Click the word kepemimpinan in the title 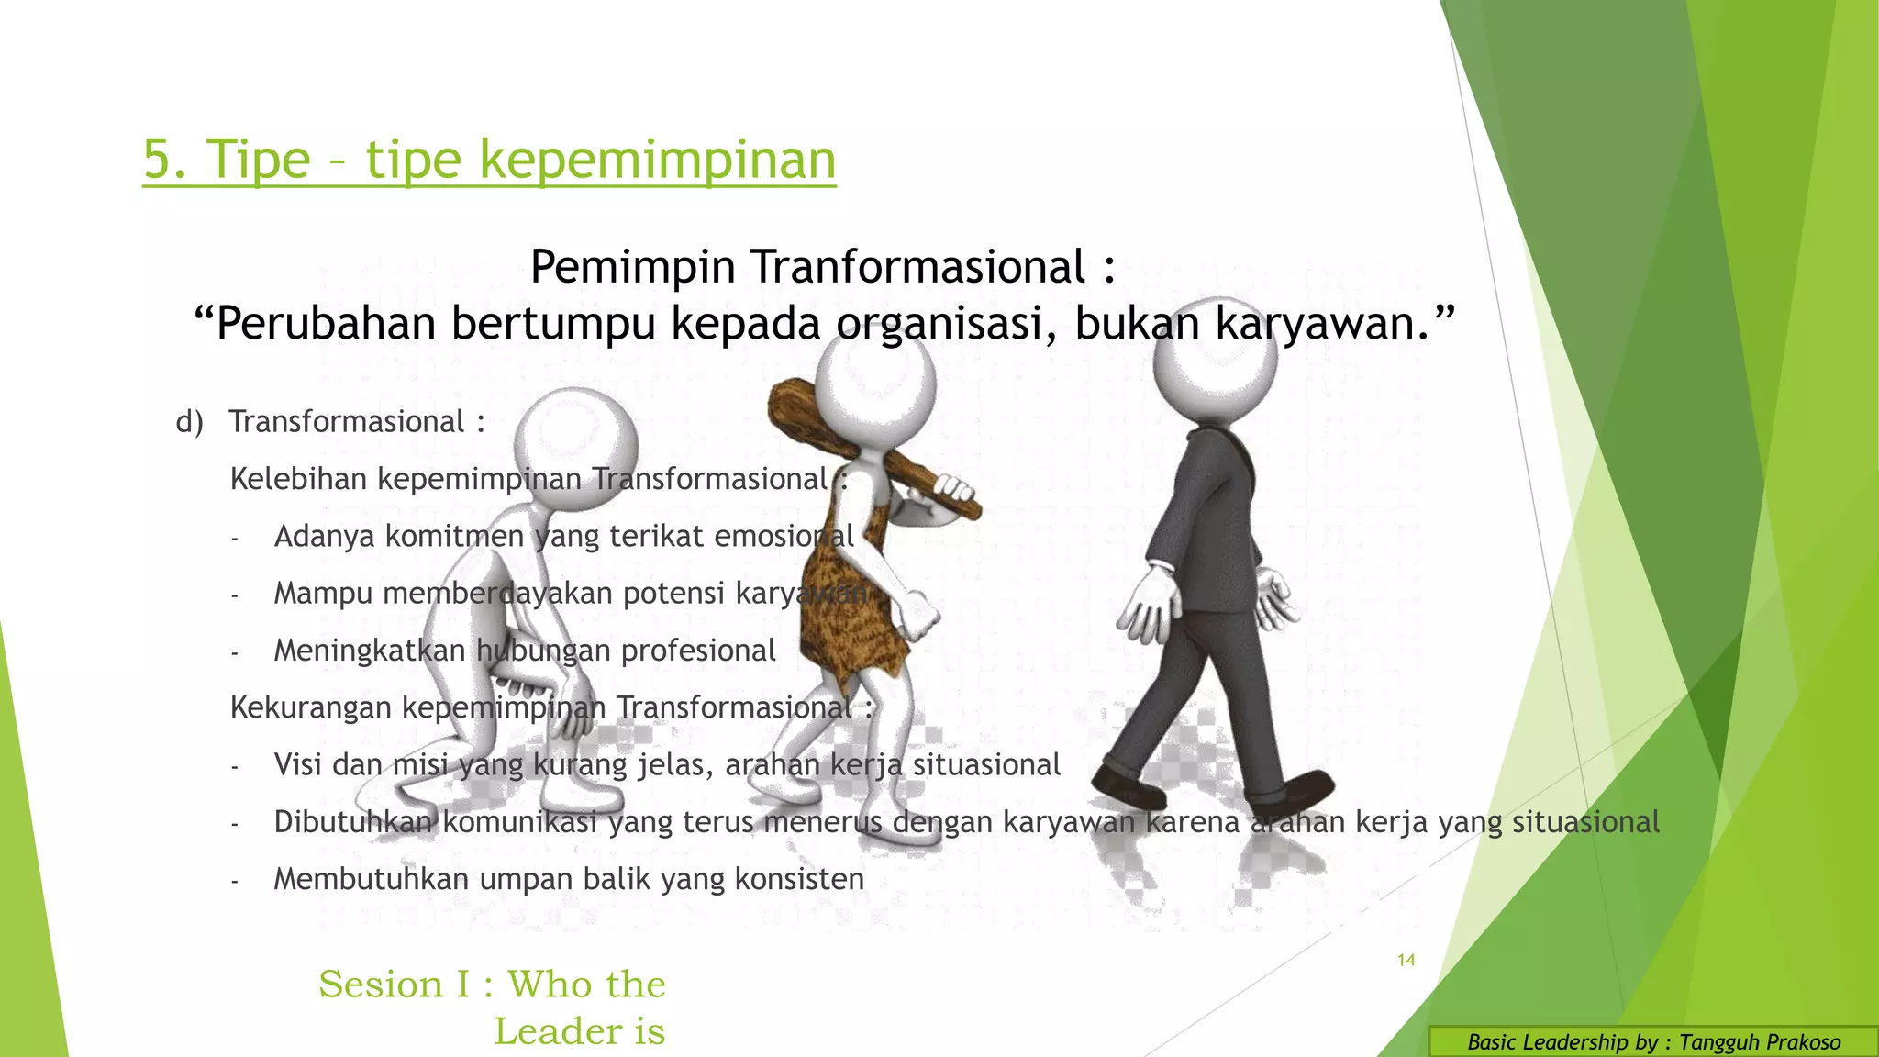click(x=657, y=161)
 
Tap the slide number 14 click(x=1406, y=960)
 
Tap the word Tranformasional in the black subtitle click(x=918, y=268)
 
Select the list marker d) click(x=189, y=422)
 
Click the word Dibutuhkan click(x=354, y=822)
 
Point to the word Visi click(x=297, y=764)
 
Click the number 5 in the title click(x=157, y=161)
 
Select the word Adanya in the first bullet click(x=325, y=536)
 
